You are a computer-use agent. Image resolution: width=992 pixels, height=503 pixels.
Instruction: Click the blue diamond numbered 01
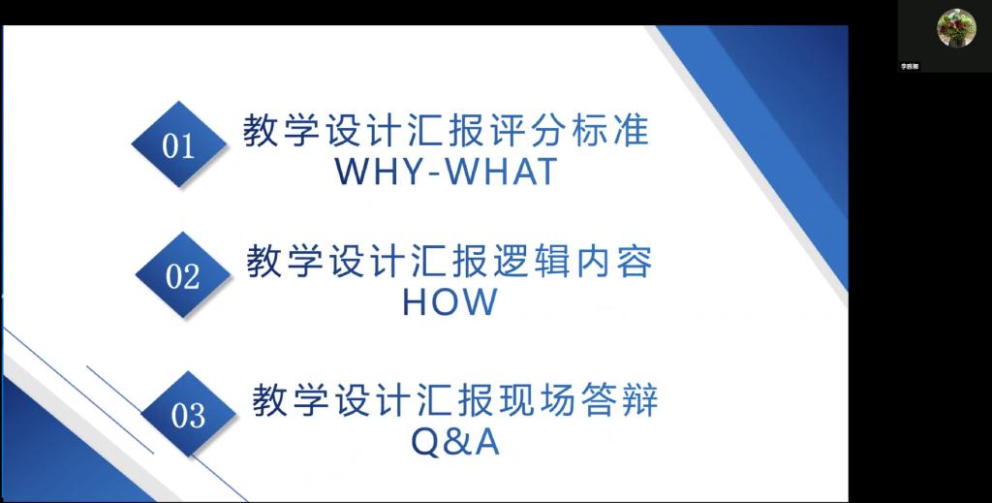click(179, 144)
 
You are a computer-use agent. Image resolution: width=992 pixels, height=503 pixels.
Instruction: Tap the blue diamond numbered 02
click(183, 274)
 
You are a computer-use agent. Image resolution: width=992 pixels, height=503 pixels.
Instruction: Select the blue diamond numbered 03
click(188, 415)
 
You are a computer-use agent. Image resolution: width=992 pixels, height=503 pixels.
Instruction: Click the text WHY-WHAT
click(447, 171)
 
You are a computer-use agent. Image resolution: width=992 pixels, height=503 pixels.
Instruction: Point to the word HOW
click(449, 302)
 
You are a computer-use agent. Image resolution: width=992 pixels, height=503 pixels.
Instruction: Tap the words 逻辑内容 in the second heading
click(573, 262)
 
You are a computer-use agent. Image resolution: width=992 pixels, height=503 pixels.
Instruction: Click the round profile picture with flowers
click(956, 28)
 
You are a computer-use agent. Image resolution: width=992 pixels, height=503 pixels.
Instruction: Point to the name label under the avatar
click(909, 66)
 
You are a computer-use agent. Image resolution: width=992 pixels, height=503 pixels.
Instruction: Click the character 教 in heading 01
click(261, 131)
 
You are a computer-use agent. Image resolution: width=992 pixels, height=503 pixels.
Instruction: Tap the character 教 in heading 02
click(263, 262)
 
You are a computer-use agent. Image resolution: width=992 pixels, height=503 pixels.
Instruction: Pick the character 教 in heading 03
click(269, 400)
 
